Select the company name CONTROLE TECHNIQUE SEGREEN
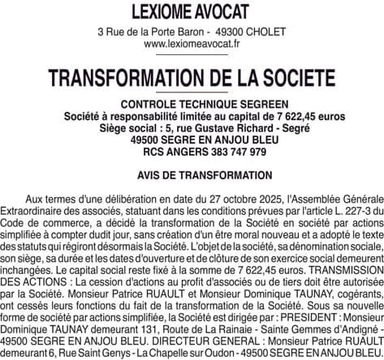pos(192,105)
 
